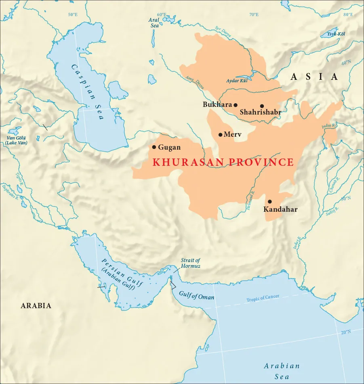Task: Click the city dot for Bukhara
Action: [x=236, y=105]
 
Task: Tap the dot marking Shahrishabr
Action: [x=262, y=106]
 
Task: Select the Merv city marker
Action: [x=220, y=135]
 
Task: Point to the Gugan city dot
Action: [x=154, y=147]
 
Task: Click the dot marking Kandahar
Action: [x=269, y=202]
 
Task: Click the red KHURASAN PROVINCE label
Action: [x=223, y=163]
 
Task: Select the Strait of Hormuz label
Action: [x=190, y=263]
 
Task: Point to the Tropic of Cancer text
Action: [x=263, y=298]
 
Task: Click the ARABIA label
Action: [x=36, y=306]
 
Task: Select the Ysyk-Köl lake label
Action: [x=336, y=34]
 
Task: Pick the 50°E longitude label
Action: [x=73, y=15]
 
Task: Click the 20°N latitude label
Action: [x=346, y=332]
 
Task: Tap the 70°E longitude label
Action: [x=254, y=15]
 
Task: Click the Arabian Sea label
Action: [x=282, y=371]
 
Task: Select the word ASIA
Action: [x=314, y=77]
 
